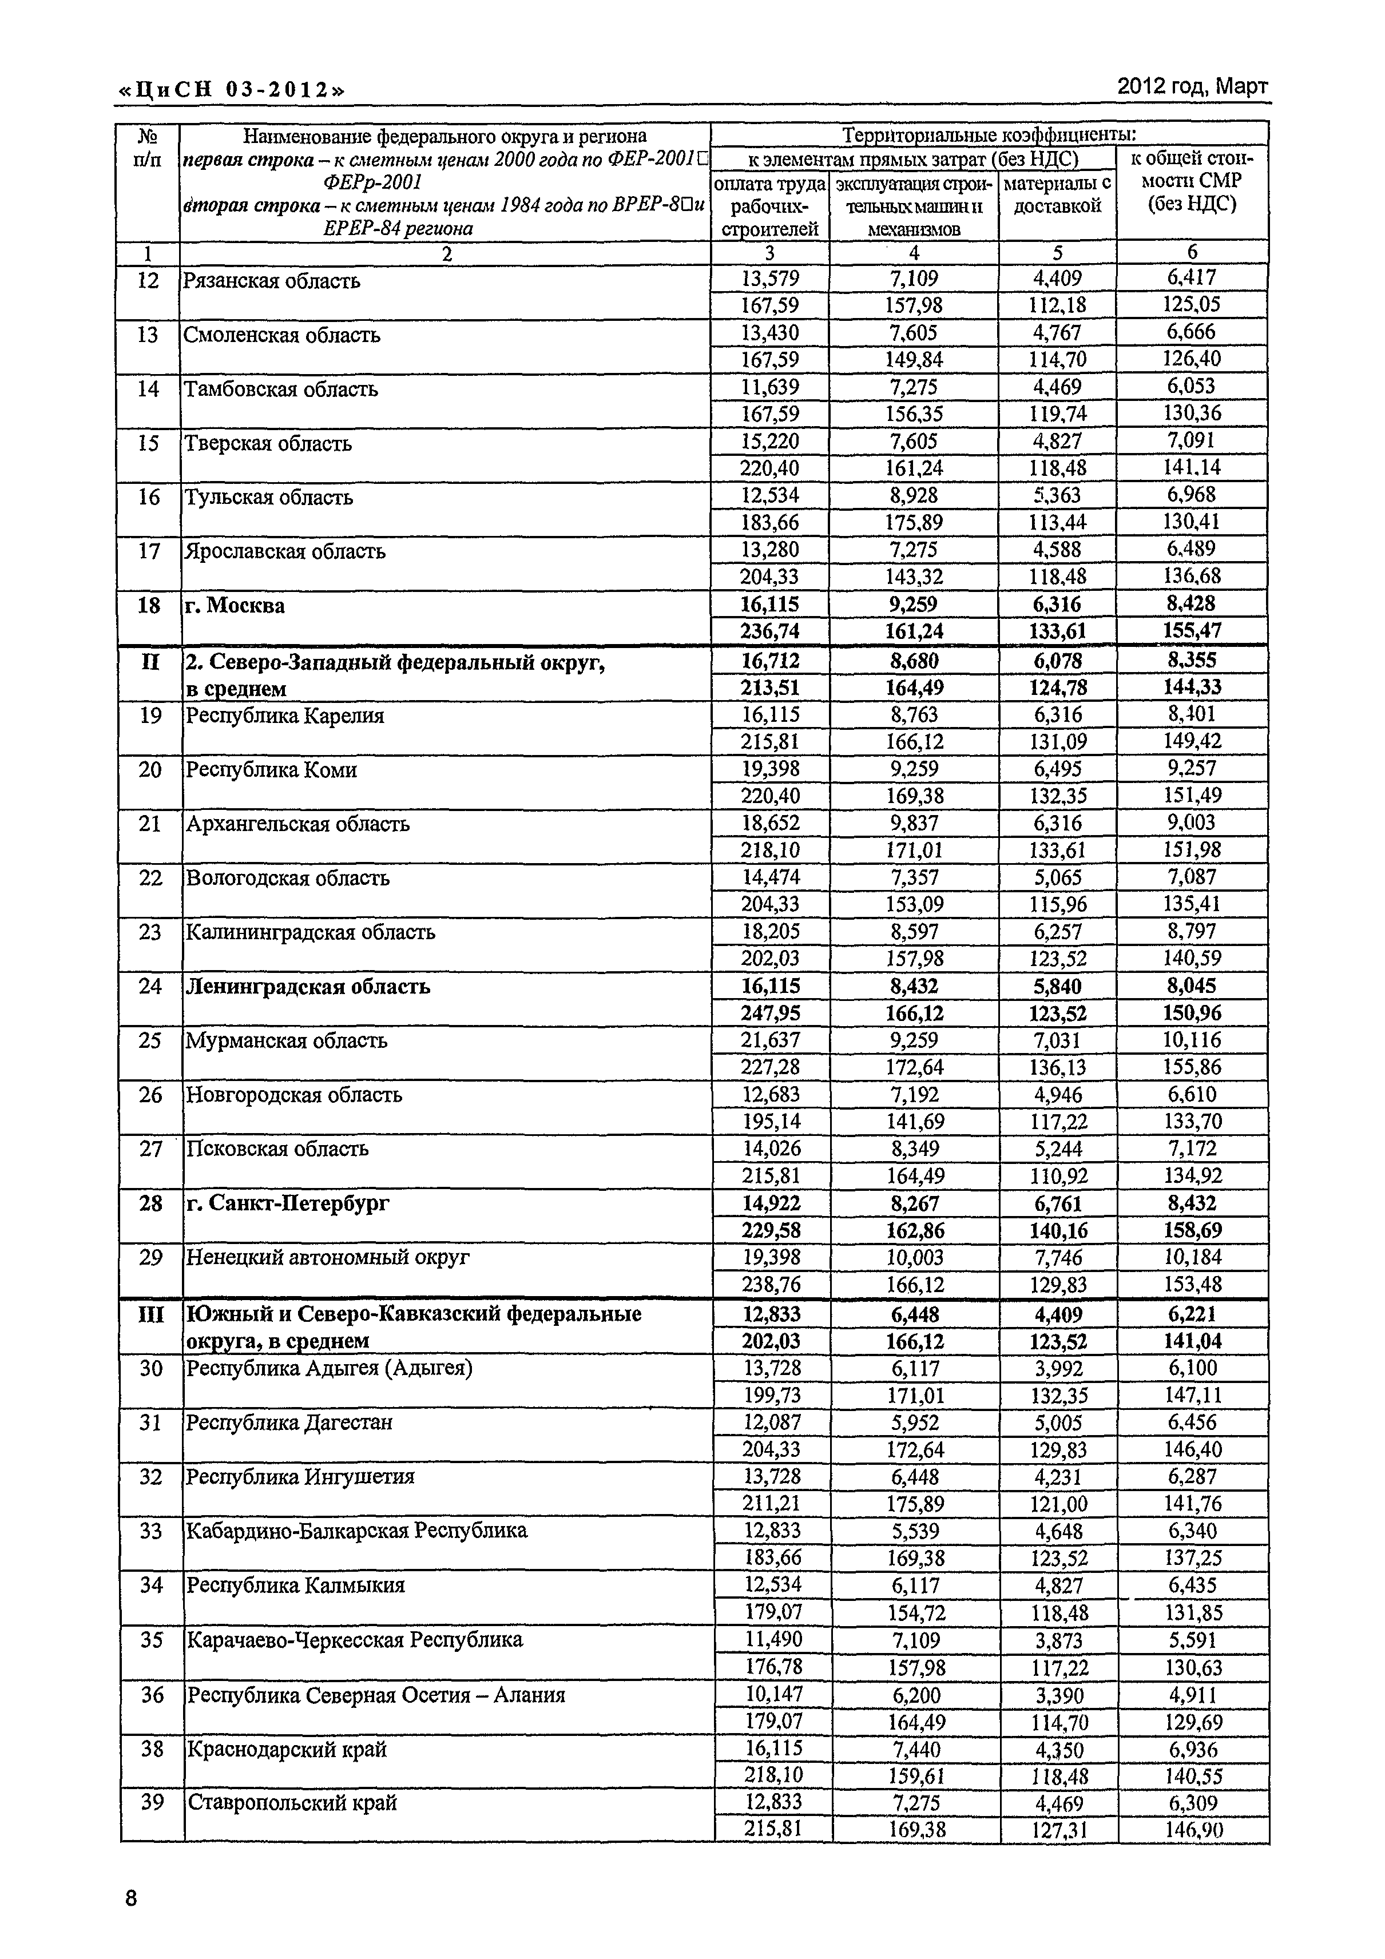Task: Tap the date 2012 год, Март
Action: pos(1192,86)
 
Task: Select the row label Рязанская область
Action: pos(271,281)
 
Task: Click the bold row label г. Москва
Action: pos(235,606)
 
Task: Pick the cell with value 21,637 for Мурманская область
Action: pos(771,1040)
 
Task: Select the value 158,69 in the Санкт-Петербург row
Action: pos(1192,1230)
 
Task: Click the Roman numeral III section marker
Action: pos(150,1314)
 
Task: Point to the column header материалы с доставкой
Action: pos(1057,194)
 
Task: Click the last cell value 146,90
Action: pos(1193,1829)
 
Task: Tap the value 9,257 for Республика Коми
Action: pos(1192,769)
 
